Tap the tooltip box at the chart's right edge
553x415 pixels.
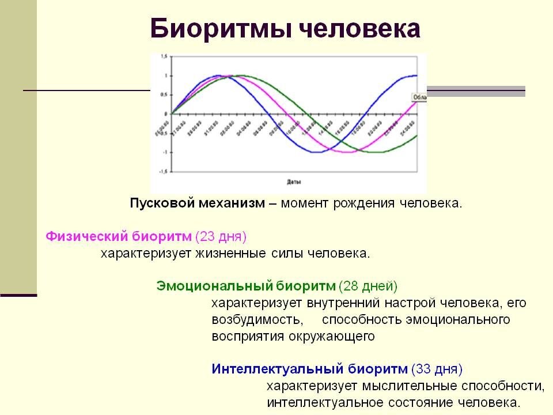419,98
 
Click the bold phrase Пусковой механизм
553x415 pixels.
197,203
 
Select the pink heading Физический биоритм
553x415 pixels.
118,236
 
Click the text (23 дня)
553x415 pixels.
221,236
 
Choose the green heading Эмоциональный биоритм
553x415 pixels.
245,286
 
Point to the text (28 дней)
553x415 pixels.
368,286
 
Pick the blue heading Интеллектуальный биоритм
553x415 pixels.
310,368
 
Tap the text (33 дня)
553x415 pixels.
437,368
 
